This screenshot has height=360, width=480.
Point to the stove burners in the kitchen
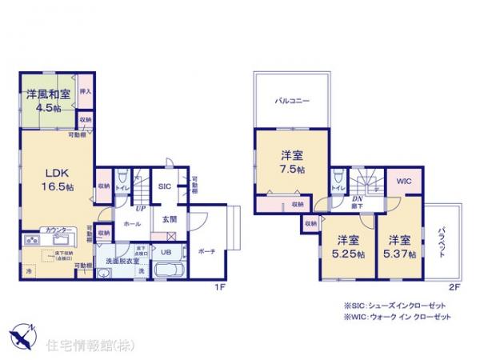[33, 239]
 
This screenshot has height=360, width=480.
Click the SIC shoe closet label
[163, 186]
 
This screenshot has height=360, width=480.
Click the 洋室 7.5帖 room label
[291, 162]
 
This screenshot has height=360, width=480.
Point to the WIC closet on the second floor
[403, 182]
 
